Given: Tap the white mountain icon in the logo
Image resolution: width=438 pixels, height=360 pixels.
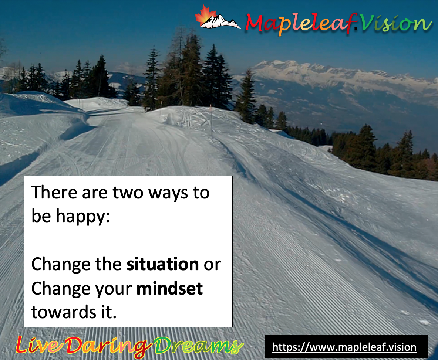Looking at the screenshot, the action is click(221, 22).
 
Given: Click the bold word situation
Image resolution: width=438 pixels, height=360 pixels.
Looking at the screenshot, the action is click(162, 264).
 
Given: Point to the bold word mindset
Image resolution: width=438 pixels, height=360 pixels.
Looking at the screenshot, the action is click(169, 288).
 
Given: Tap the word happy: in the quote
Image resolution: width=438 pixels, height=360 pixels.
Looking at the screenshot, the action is click(83, 217).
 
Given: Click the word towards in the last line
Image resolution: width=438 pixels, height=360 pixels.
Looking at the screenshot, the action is click(64, 312).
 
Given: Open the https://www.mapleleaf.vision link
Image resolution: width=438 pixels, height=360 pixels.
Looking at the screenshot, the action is click(344, 347).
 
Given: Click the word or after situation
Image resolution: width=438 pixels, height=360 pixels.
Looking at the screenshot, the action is click(212, 265).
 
